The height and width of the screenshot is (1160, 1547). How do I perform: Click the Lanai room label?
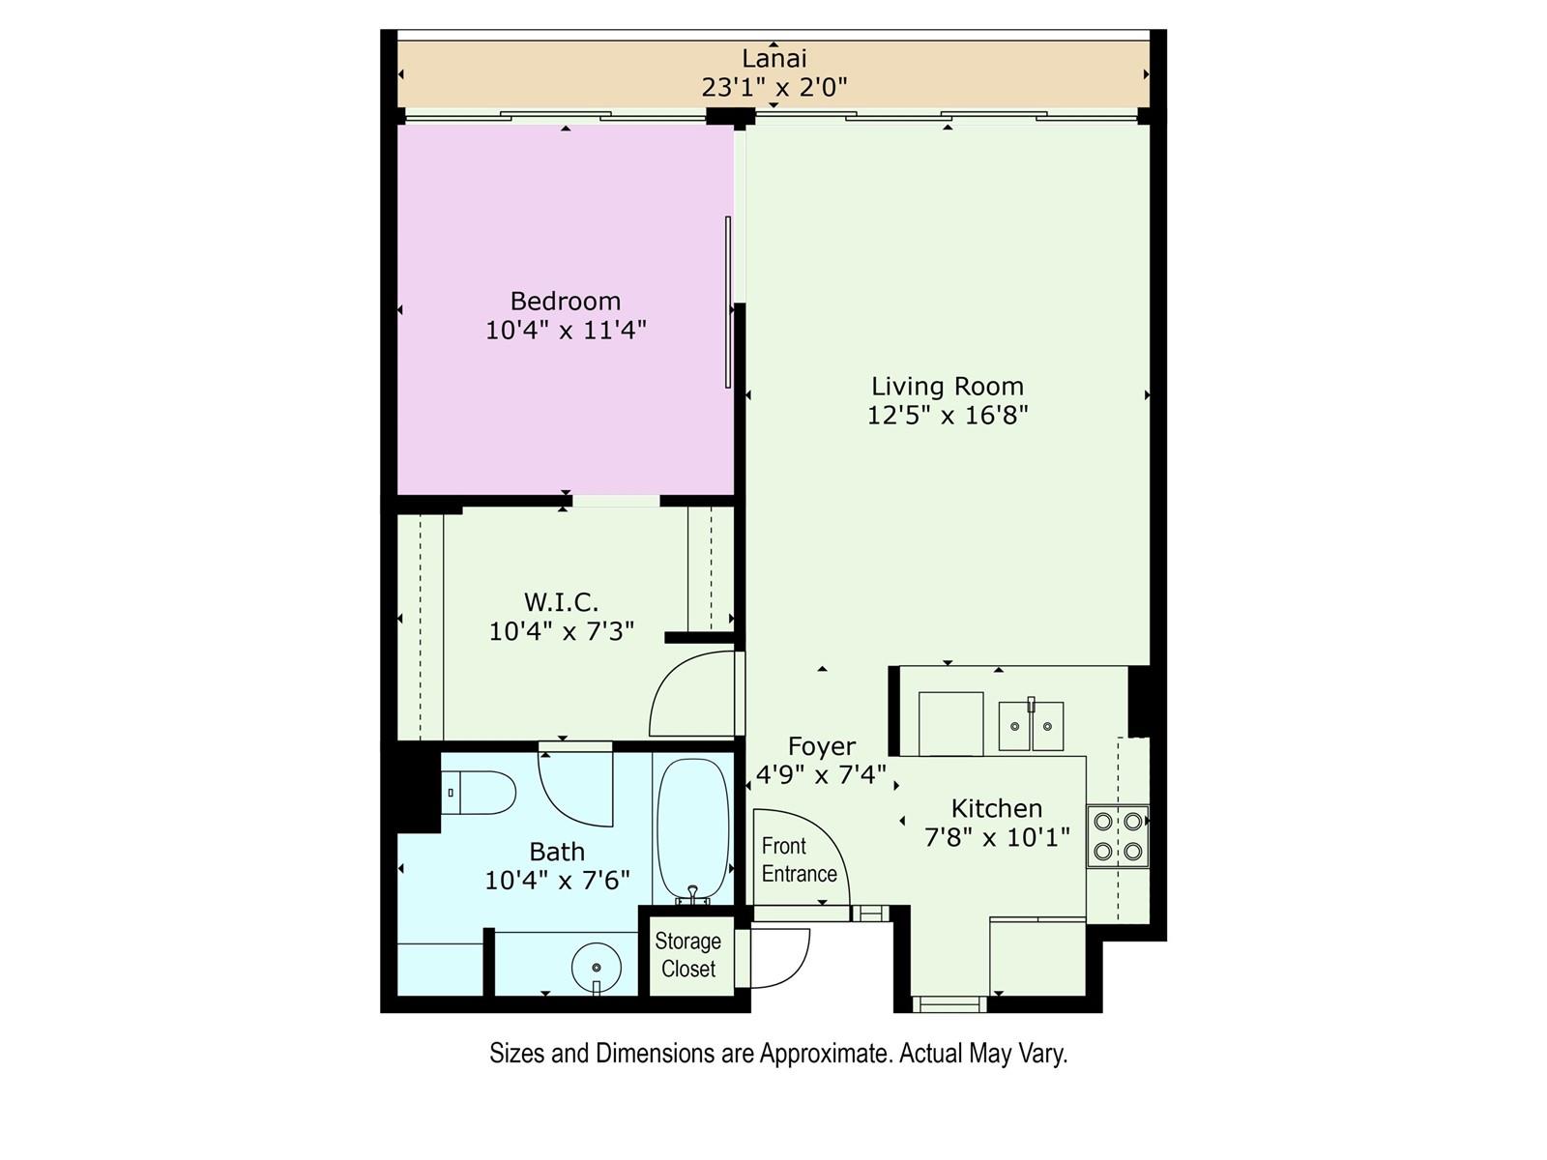(x=773, y=58)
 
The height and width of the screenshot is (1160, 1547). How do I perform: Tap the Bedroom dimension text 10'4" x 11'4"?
(x=566, y=330)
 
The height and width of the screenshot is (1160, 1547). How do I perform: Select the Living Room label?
(x=948, y=386)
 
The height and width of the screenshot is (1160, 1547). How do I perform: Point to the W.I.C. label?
(x=561, y=602)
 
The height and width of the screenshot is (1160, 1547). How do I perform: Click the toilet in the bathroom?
(x=481, y=793)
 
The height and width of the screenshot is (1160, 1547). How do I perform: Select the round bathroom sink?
(x=597, y=966)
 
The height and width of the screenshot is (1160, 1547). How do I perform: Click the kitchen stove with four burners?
(x=1118, y=836)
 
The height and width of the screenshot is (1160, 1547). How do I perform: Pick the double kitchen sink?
(x=1031, y=725)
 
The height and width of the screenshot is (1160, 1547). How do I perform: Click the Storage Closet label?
(x=688, y=955)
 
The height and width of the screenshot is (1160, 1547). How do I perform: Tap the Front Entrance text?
(x=799, y=859)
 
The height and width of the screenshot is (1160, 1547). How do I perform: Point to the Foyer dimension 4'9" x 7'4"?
(x=821, y=774)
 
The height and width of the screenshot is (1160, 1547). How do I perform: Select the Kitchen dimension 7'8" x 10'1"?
(x=997, y=837)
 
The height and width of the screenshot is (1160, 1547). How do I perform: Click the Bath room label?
(x=557, y=852)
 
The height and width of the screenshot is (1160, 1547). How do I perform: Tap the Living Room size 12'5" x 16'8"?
(x=948, y=415)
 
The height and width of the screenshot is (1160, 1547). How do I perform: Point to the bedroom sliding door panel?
(x=728, y=302)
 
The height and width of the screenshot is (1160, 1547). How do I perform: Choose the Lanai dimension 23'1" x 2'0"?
(x=773, y=87)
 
